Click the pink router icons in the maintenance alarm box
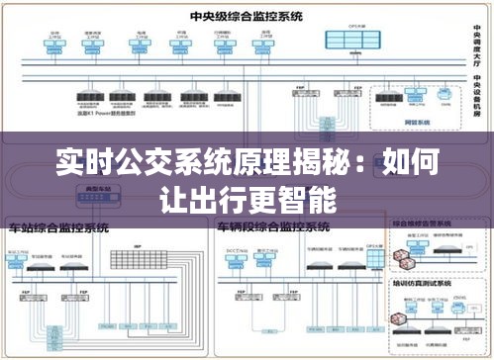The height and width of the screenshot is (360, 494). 404,258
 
